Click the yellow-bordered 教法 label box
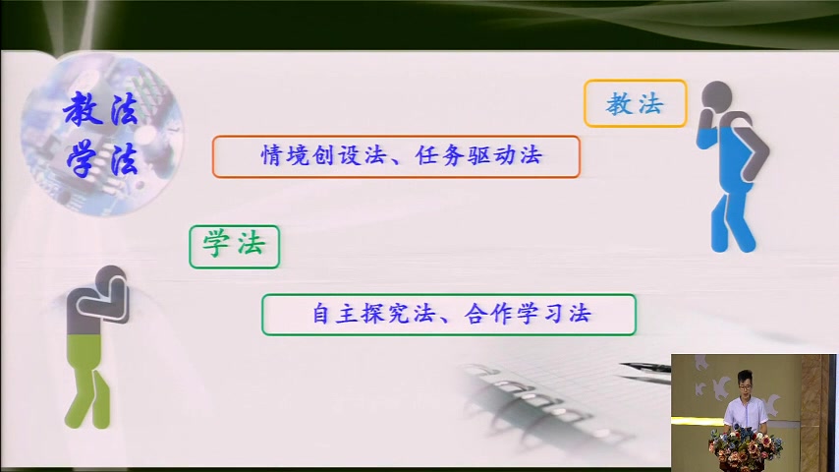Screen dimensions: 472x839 (x=635, y=103)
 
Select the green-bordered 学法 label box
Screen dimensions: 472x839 (x=234, y=246)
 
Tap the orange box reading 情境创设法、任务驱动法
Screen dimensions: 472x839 (x=395, y=156)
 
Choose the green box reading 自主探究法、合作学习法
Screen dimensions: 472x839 (x=448, y=315)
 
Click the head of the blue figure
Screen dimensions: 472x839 (x=718, y=97)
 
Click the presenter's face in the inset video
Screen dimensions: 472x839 (x=745, y=383)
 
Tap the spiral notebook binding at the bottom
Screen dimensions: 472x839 (x=531, y=393)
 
